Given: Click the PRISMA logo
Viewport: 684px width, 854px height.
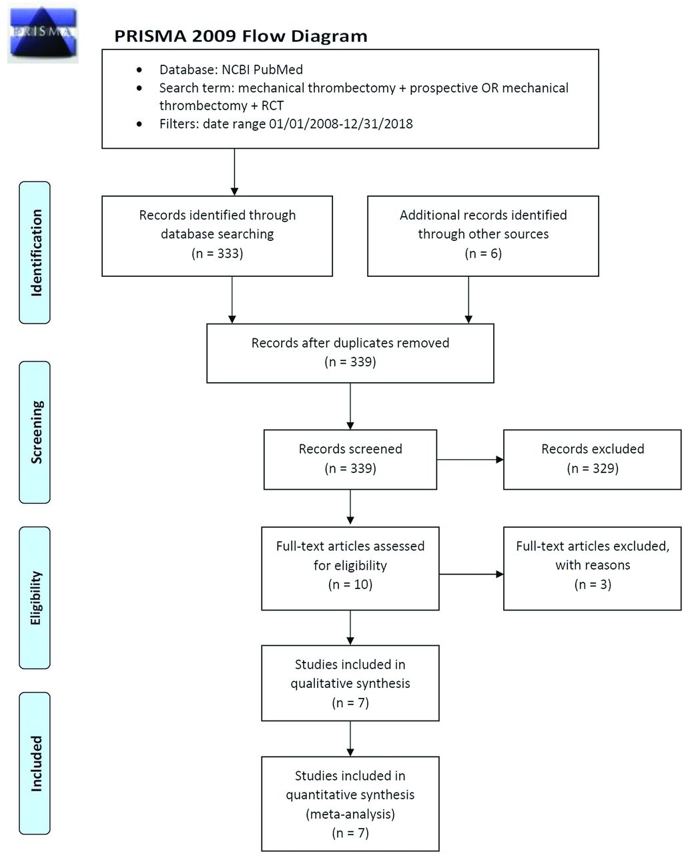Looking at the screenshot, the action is coord(43,33).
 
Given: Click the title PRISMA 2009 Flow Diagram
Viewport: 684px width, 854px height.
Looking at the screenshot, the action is coord(241,36).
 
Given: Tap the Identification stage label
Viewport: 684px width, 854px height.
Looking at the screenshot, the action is coord(35,252).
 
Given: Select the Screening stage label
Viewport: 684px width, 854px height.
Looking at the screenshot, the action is coord(35,432).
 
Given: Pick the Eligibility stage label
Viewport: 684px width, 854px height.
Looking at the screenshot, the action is coord(35,598).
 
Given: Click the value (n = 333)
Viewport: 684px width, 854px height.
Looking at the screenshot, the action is coord(217,253).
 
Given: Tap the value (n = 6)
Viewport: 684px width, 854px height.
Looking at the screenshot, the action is coord(483,253).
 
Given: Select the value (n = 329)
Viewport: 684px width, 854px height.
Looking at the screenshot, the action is coord(593,468).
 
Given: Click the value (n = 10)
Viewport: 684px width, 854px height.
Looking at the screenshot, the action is coord(350,584).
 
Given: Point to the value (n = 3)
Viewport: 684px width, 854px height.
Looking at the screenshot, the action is coord(593,584).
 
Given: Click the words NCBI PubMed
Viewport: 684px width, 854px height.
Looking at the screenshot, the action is coord(262,70).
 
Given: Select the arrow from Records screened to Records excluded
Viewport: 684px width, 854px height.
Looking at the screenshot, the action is coord(470,460).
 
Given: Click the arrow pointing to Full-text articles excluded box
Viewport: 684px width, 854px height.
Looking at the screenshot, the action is coord(471,574).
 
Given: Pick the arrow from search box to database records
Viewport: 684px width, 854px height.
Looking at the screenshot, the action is coord(234,172).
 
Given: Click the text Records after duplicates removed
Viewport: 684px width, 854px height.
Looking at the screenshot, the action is coord(350,342).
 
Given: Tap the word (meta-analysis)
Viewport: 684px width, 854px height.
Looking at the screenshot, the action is coord(350,814).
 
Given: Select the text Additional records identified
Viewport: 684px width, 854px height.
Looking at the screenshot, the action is coord(483,215).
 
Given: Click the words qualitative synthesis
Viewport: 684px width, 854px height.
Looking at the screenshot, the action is coord(350,683).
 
